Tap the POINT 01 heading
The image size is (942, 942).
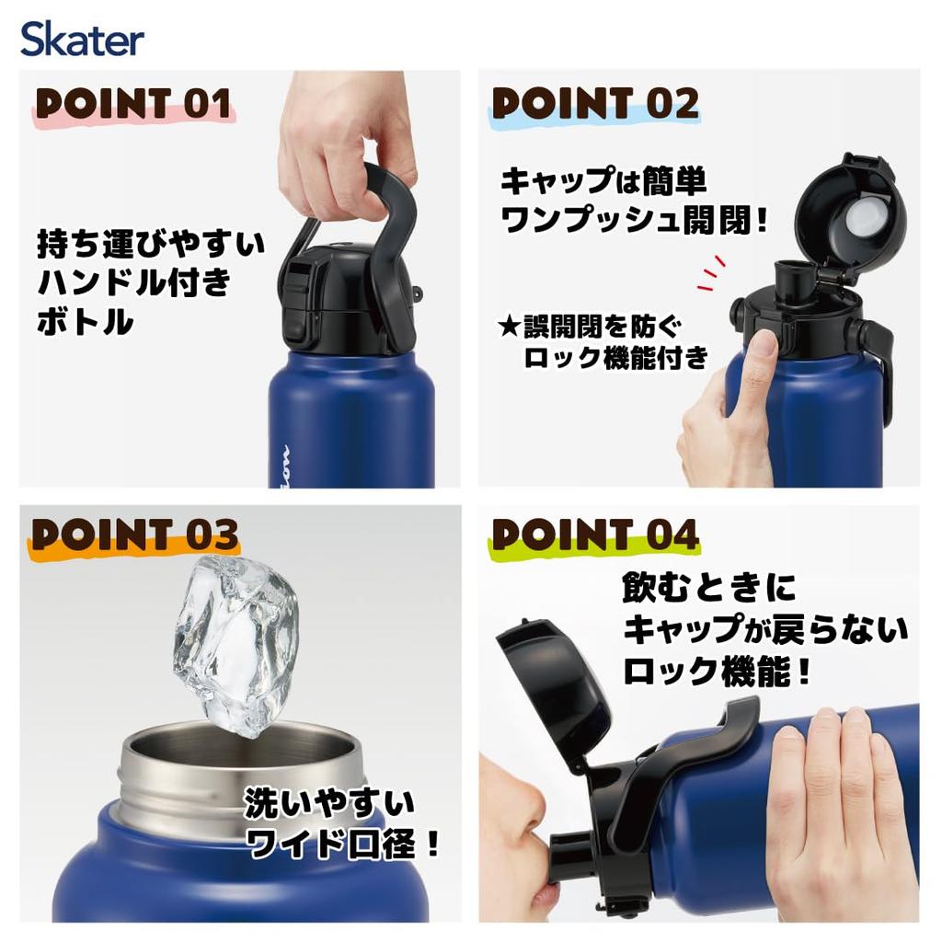132,104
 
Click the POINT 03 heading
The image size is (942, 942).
134,534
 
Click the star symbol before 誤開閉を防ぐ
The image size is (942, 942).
507,326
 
